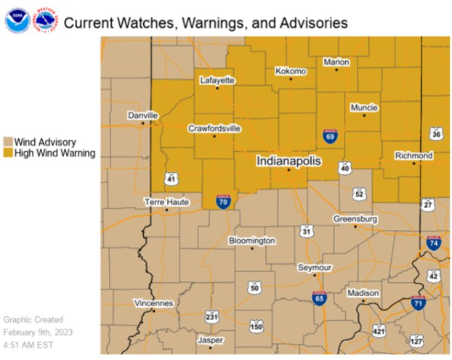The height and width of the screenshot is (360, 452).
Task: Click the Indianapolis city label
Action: click(288, 161)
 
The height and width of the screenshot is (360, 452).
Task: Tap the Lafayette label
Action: click(217, 81)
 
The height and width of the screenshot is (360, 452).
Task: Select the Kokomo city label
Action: click(291, 71)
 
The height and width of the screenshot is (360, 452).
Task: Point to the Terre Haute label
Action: click(166, 201)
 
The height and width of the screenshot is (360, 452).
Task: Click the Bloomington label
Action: click(252, 240)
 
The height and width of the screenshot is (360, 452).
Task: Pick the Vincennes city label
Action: click(153, 303)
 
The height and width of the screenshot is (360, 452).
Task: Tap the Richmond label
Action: click(413, 156)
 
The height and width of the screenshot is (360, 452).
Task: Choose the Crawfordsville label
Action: click(214, 128)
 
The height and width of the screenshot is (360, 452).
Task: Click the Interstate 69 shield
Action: click(330, 136)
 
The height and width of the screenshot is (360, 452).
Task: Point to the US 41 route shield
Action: click(170, 178)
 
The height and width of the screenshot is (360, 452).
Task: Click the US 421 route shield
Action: click(379, 330)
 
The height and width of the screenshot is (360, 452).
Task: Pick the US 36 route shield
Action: click(436, 134)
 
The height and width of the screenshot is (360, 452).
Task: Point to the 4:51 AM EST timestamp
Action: click(31, 345)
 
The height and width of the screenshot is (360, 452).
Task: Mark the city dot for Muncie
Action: click(364, 116)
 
